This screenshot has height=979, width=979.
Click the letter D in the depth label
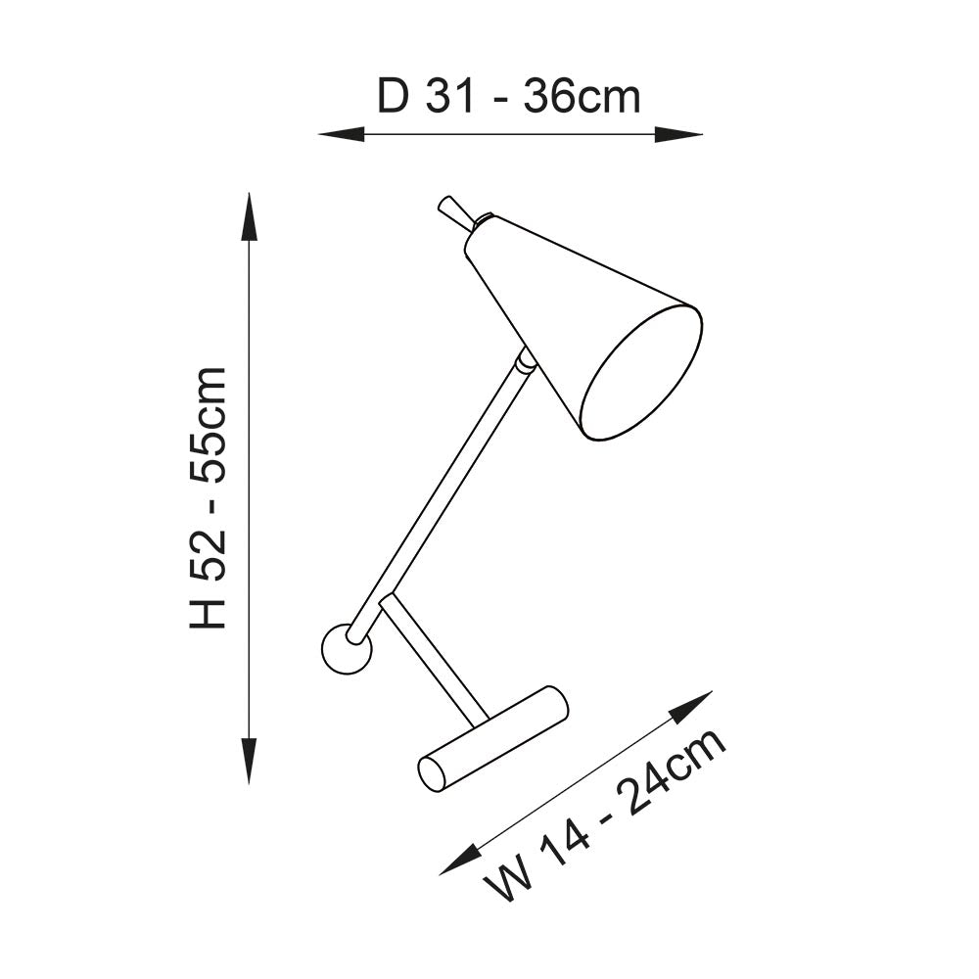tap(393, 97)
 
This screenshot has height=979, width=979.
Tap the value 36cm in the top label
tap(582, 97)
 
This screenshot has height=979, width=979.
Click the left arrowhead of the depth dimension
tap(341, 134)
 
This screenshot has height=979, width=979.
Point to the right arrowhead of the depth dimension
tap(678, 134)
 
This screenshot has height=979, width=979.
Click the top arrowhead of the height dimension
tap(250, 216)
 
